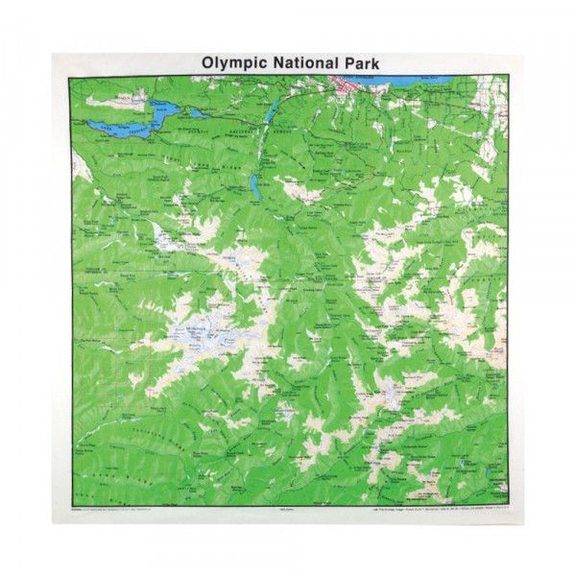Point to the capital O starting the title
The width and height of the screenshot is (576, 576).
(207, 62)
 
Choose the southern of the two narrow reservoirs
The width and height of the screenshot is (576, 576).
(254, 183)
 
